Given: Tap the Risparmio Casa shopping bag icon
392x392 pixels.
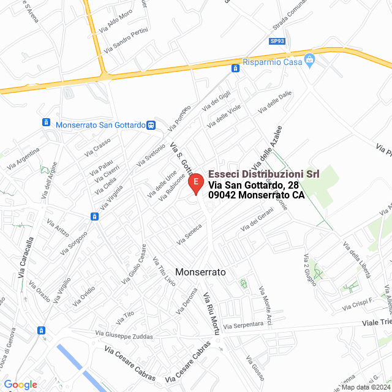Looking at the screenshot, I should click(x=310, y=61).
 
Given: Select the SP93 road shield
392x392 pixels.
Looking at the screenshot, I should click(x=277, y=41).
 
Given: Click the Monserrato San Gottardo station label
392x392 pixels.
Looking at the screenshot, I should click(x=100, y=125).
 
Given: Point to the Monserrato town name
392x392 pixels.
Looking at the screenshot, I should click(x=201, y=271).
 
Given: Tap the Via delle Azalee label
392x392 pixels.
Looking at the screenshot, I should click(x=268, y=145).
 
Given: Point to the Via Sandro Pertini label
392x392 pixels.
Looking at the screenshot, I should click(x=127, y=40).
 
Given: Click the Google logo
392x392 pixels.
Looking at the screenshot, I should click(x=20, y=385).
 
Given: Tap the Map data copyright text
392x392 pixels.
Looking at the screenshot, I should click(x=366, y=387).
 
